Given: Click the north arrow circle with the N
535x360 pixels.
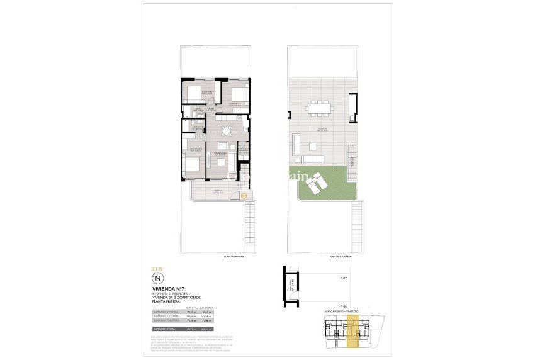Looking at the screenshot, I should [158, 278].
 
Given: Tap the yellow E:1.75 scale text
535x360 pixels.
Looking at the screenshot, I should [157, 269].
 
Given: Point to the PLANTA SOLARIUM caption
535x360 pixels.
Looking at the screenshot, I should [339, 257].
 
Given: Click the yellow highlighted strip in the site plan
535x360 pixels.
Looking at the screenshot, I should [353, 332].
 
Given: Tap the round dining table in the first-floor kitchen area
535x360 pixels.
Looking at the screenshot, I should [226, 131].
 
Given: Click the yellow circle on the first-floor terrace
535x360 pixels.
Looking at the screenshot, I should [244, 196].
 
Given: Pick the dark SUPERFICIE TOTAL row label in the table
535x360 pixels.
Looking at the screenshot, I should [162, 329].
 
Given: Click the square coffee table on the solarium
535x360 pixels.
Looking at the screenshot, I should [312, 146].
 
